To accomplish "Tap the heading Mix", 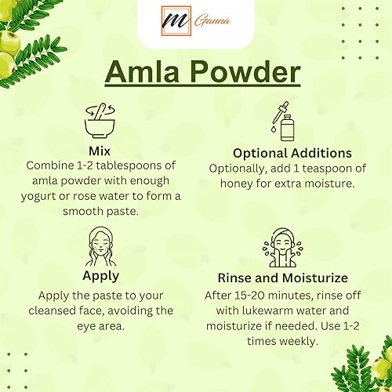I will click(x=100, y=151).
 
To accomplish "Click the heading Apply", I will click(x=100, y=275).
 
